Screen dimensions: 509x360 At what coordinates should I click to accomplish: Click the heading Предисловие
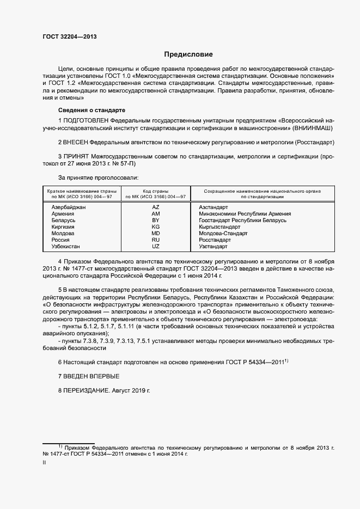tap(189, 54)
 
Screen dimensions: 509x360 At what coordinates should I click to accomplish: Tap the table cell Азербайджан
tap(69, 207)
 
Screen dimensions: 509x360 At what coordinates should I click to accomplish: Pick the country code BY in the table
tap(155, 220)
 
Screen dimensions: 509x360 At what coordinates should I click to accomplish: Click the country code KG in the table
tap(155, 227)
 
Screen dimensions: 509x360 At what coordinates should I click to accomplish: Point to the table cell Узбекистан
tap(66, 247)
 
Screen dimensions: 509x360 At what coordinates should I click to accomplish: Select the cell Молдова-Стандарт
tap(223, 234)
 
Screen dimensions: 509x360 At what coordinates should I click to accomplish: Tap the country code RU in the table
tap(155, 240)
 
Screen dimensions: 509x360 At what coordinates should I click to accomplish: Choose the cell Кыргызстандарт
tap(220, 227)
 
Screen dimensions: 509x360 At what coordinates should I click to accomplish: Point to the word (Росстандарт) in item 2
tap(314, 142)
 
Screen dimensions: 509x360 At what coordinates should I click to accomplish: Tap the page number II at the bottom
tap(44, 463)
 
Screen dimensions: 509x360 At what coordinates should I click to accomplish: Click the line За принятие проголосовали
tap(98, 177)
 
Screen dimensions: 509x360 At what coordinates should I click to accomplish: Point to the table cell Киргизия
tap(63, 227)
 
